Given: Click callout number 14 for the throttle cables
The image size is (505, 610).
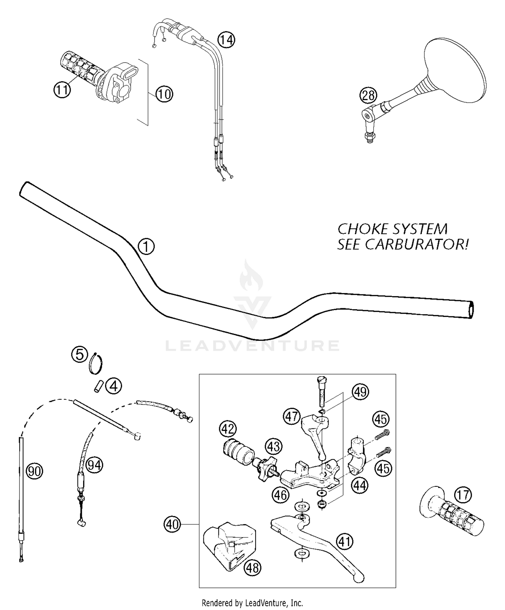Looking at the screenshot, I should pyautogui.click(x=226, y=40).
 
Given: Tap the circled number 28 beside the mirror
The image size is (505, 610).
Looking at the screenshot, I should pyautogui.click(x=368, y=95).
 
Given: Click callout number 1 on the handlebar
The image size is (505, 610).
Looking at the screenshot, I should pyautogui.click(x=146, y=247).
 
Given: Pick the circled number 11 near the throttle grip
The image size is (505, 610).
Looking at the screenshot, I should pyautogui.click(x=62, y=90).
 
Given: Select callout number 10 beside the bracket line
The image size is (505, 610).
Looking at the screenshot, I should pyautogui.click(x=164, y=94).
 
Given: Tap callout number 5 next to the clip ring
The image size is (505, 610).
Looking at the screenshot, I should pyautogui.click(x=79, y=355).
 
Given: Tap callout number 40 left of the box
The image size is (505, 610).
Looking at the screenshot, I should pyautogui.click(x=172, y=524).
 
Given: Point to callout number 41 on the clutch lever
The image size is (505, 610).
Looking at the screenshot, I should pyautogui.click(x=344, y=542).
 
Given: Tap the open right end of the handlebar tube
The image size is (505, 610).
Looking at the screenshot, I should pyautogui.click(x=471, y=310).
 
